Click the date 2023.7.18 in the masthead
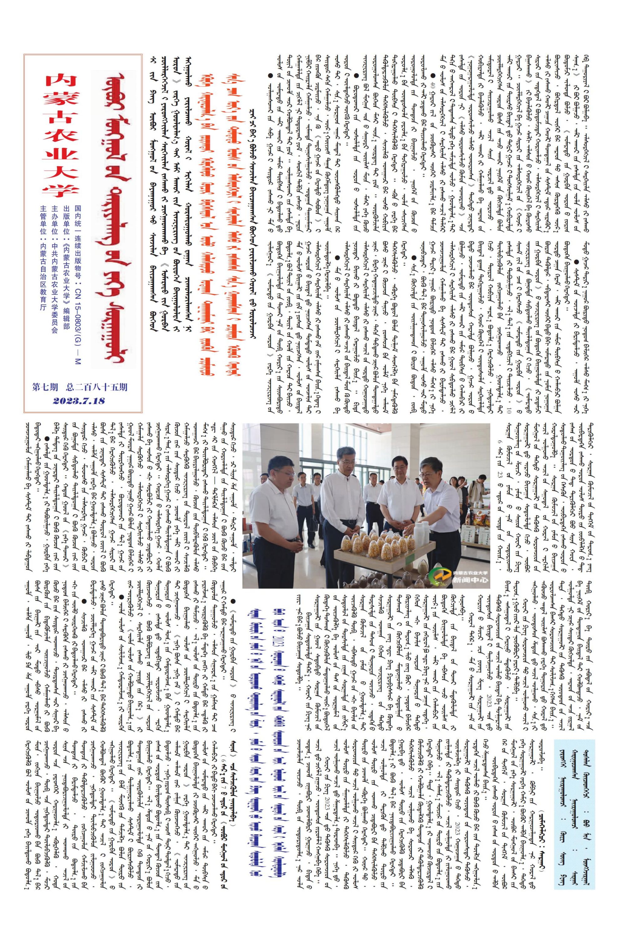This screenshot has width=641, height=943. point(79,401)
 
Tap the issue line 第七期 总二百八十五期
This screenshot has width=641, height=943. point(80,387)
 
